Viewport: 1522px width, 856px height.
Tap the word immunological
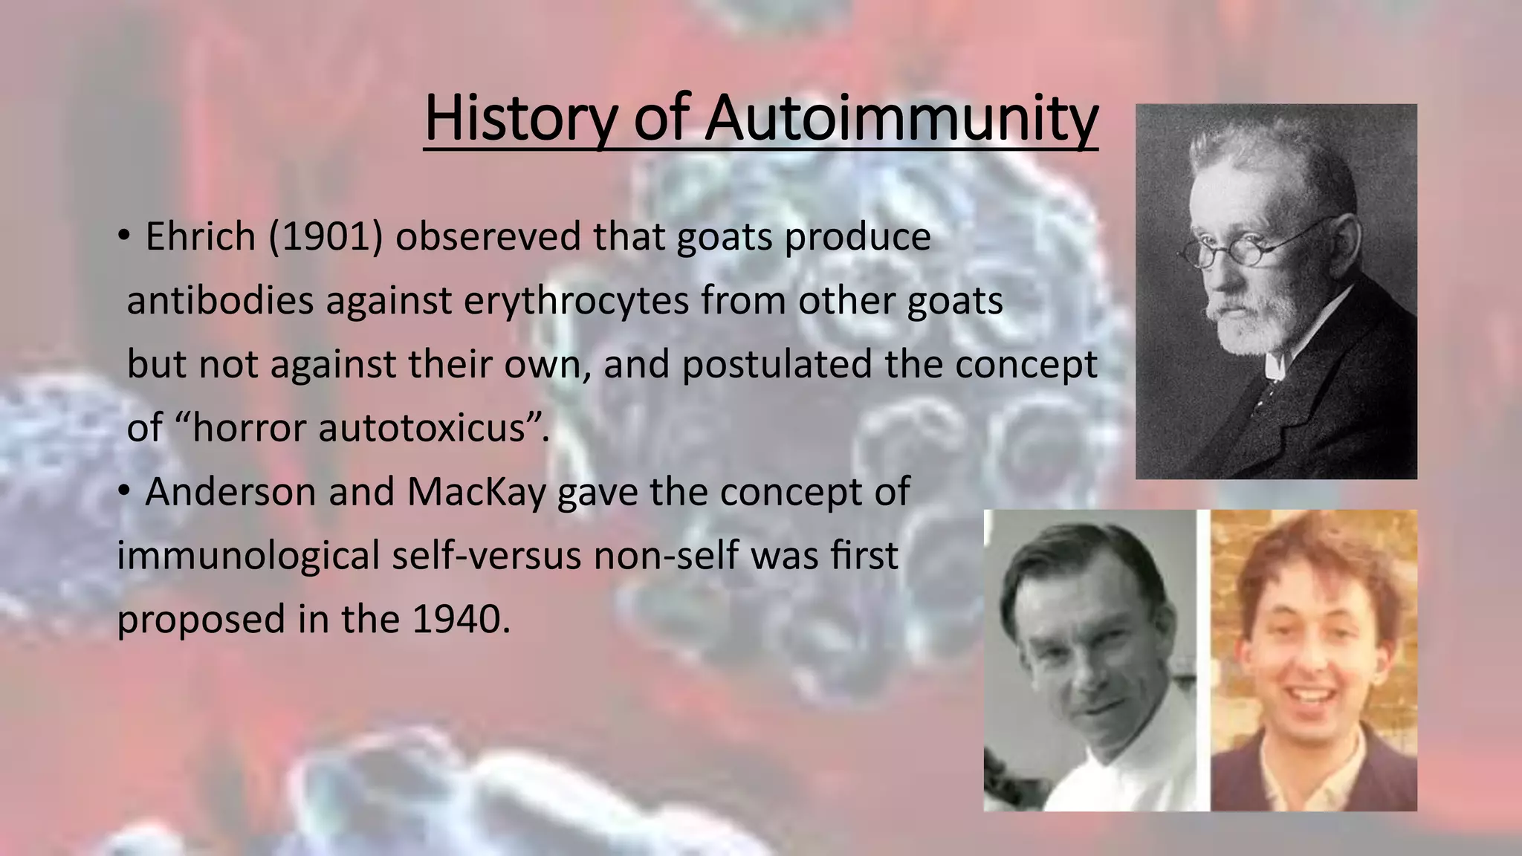(x=249, y=556)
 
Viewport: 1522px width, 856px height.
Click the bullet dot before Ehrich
(x=123, y=237)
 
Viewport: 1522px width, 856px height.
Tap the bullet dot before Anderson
(x=123, y=491)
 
